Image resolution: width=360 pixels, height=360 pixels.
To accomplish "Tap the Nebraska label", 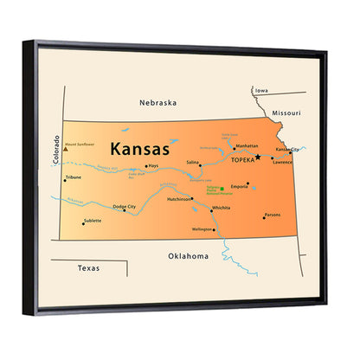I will [x=157, y=101].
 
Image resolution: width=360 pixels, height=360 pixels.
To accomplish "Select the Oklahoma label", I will [x=188, y=256].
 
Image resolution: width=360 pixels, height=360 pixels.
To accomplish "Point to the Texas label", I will [x=88, y=268].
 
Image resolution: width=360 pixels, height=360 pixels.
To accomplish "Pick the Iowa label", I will [x=260, y=90].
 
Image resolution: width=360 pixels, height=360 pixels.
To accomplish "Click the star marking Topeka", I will [x=257, y=157].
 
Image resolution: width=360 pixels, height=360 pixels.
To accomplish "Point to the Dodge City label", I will [x=124, y=207].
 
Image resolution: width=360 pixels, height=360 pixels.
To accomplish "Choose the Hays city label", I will [x=153, y=165].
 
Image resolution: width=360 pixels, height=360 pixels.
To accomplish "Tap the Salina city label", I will [x=193, y=162].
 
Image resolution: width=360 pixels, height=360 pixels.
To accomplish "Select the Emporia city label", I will [x=241, y=185].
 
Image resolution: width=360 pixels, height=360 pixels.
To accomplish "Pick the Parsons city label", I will [x=273, y=214].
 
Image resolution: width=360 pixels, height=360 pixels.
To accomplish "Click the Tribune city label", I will [x=74, y=178].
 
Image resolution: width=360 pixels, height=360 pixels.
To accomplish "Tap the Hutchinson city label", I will [x=179, y=199].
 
